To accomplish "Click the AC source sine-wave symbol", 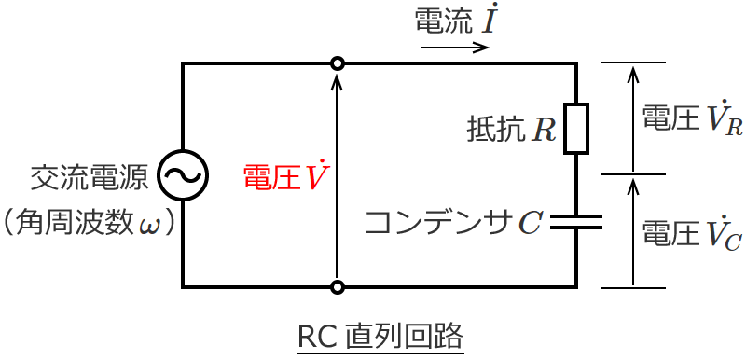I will click(x=182, y=174).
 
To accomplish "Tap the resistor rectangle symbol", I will click(x=576, y=129).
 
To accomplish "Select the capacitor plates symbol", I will click(x=576, y=221).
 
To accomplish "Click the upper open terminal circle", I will click(x=338, y=63).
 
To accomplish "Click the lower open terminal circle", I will click(x=338, y=286).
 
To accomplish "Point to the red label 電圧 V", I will click(x=283, y=176).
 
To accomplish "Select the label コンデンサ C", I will click(x=452, y=222).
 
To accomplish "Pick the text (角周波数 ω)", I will click(x=90, y=223).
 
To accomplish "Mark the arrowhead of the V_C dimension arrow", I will click(x=633, y=185).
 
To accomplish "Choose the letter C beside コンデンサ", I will click(x=529, y=223).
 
